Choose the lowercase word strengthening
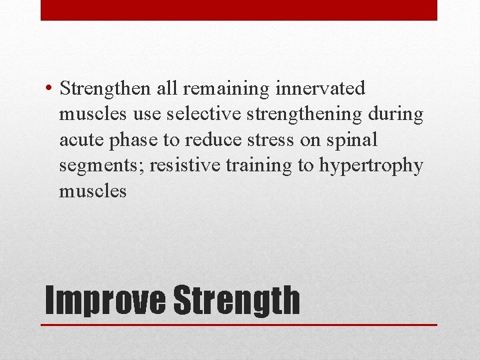click(304, 115)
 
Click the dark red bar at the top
click(239, 10)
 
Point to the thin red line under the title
click(239, 325)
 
